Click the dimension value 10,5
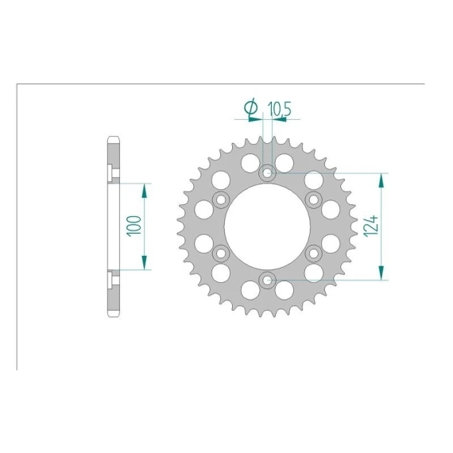pyautogui.click(x=279, y=109)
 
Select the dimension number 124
pyautogui.click(x=371, y=226)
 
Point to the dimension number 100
pyautogui.click(x=134, y=226)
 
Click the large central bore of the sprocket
pyautogui.click(x=268, y=226)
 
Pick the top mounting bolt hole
pyautogui.click(x=268, y=173)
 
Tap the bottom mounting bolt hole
pyautogui.click(x=268, y=280)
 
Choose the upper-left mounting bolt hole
pyautogui.click(x=221, y=199)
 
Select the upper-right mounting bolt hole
pyautogui.click(x=314, y=199)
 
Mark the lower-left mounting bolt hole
pyautogui.click(x=221, y=254)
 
